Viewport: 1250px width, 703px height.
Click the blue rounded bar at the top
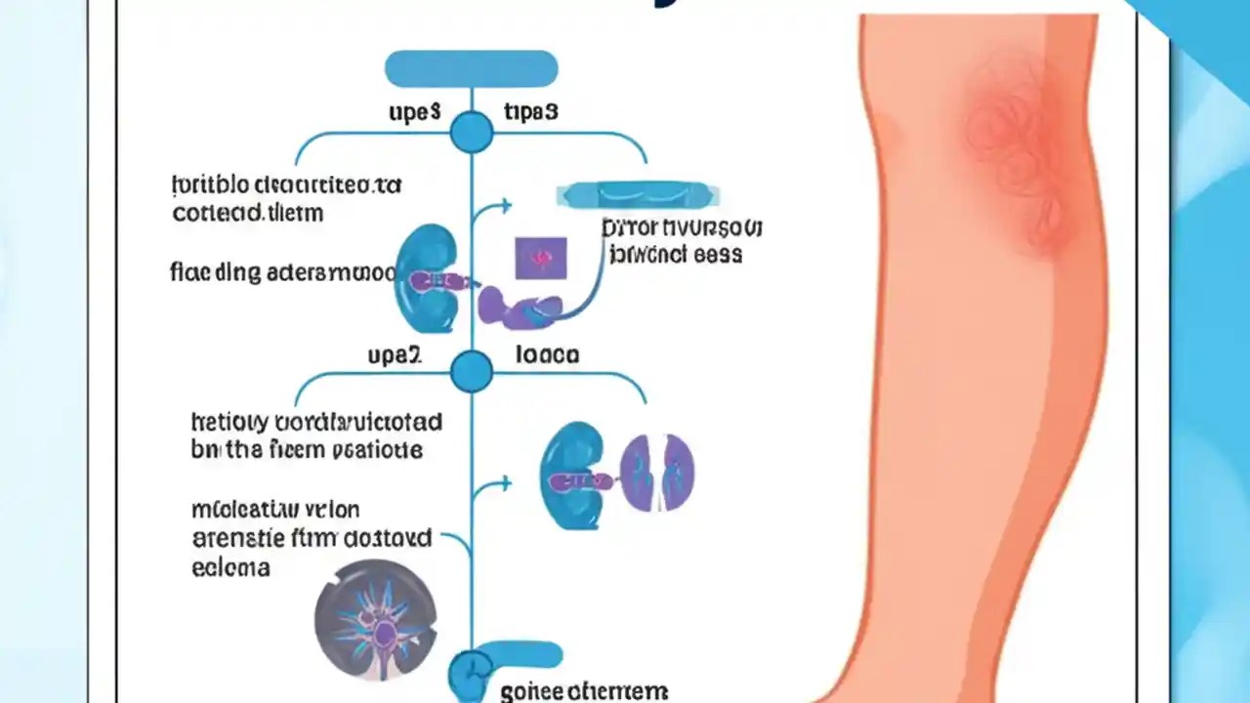tap(471, 69)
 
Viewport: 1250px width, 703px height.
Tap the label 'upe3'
tap(414, 112)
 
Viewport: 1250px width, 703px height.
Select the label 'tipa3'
tap(530, 112)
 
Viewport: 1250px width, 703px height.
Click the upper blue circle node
tap(472, 132)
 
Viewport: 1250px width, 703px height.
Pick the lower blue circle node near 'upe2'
tap(472, 372)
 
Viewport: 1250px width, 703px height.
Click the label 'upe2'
tap(395, 355)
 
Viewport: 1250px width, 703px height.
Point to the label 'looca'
tap(547, 354)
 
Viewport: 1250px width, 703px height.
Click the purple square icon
tap(540, 258)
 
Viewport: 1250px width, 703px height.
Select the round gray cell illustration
tap(375, 619)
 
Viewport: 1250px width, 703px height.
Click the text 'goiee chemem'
tap(583, 691)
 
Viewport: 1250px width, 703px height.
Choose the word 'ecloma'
tap(231, 567)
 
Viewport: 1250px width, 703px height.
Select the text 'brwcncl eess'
tap(675, 255)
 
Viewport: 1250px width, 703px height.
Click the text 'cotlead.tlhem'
tap(247, 212)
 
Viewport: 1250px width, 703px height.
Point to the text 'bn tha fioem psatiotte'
tap(307, 450)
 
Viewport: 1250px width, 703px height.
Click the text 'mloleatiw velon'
tap(275, 510)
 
